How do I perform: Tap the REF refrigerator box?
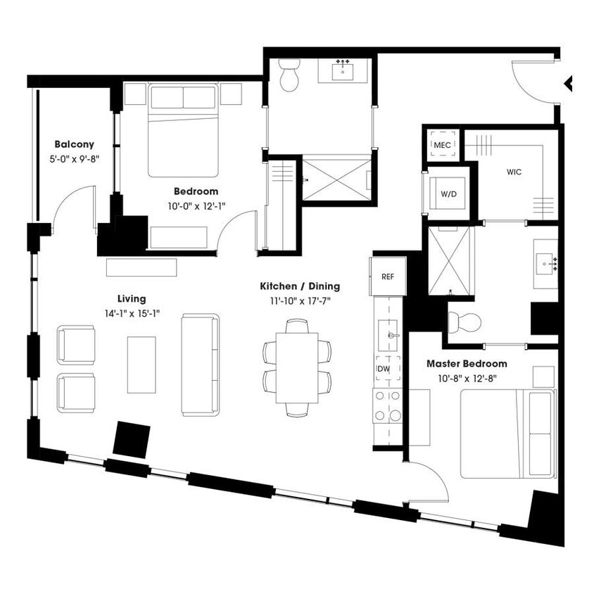pos(387,276)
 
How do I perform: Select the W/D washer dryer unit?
pos(448,194)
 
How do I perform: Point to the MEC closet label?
pos(442,144)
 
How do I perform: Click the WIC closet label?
pos(514,172)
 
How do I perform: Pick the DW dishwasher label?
pos(384,368)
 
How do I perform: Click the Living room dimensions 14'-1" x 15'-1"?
pos(132,312)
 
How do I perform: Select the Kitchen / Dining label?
pos(300,286)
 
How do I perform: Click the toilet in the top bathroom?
pos(289,75)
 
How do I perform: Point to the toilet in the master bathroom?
pos(465,322)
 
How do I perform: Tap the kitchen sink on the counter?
pos(387,334)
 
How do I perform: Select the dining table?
pos(297,367)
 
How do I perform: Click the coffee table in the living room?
pos(141,364)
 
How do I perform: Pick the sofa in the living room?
pos(201,364)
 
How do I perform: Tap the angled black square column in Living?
pos(132,438)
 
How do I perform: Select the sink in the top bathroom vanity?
pos(345,71)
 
